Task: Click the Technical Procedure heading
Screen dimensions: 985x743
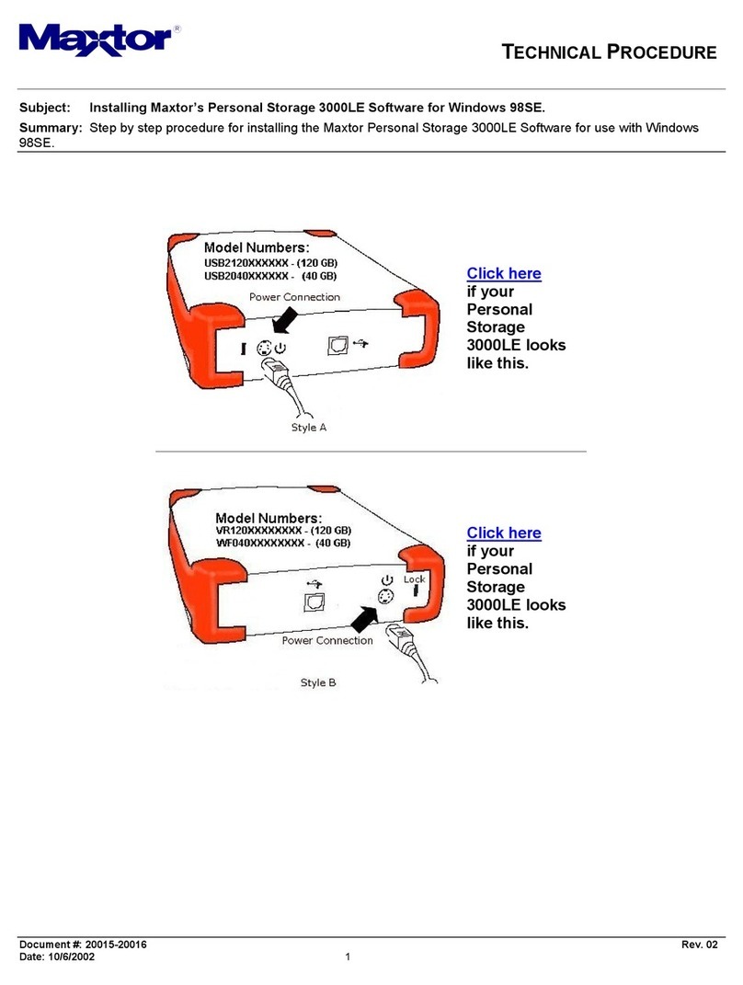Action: (609, 52)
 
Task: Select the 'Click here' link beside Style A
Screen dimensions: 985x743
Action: (504, 273)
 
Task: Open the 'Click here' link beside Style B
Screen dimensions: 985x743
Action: (504, 533)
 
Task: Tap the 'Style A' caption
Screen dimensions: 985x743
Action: (309, 427)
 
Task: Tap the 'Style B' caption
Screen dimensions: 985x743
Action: (318, 683)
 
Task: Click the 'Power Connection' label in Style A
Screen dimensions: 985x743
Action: (294, 297)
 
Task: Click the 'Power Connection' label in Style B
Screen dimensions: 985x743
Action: (327, 640)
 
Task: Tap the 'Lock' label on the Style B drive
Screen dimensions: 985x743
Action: (415, 579)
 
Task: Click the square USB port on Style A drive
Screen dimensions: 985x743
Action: (338, 343)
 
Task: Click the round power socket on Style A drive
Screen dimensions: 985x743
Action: (262, 349)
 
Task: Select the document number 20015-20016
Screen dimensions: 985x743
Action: (115, 945)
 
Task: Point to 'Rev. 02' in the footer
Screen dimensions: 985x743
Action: (700, 945)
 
